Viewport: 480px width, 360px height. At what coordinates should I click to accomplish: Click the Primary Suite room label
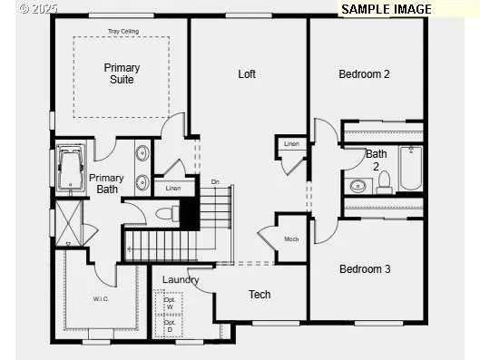122,73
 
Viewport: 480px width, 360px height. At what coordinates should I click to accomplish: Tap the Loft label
247,74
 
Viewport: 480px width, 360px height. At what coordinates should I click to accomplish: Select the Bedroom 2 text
364,74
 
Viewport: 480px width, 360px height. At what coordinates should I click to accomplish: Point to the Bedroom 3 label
365,268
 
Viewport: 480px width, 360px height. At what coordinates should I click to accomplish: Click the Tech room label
260,294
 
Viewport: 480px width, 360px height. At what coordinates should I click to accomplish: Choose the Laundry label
181,279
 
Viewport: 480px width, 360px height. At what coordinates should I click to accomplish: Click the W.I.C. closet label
101,297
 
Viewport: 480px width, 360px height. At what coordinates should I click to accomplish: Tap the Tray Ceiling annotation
122,31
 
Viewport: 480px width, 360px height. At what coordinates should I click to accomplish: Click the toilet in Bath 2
384,181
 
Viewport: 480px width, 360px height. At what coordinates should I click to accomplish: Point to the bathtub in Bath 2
411,168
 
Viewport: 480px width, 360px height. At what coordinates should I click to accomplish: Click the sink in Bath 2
358,186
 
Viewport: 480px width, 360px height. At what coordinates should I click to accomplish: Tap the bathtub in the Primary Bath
71,170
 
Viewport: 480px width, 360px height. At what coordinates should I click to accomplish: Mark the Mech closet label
291,238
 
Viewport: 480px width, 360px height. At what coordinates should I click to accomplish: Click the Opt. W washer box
169,303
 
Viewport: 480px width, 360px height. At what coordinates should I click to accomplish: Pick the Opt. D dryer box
169,326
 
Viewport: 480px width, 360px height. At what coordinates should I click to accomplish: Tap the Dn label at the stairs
215,182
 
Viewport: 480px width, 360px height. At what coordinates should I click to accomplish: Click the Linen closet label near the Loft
291,144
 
